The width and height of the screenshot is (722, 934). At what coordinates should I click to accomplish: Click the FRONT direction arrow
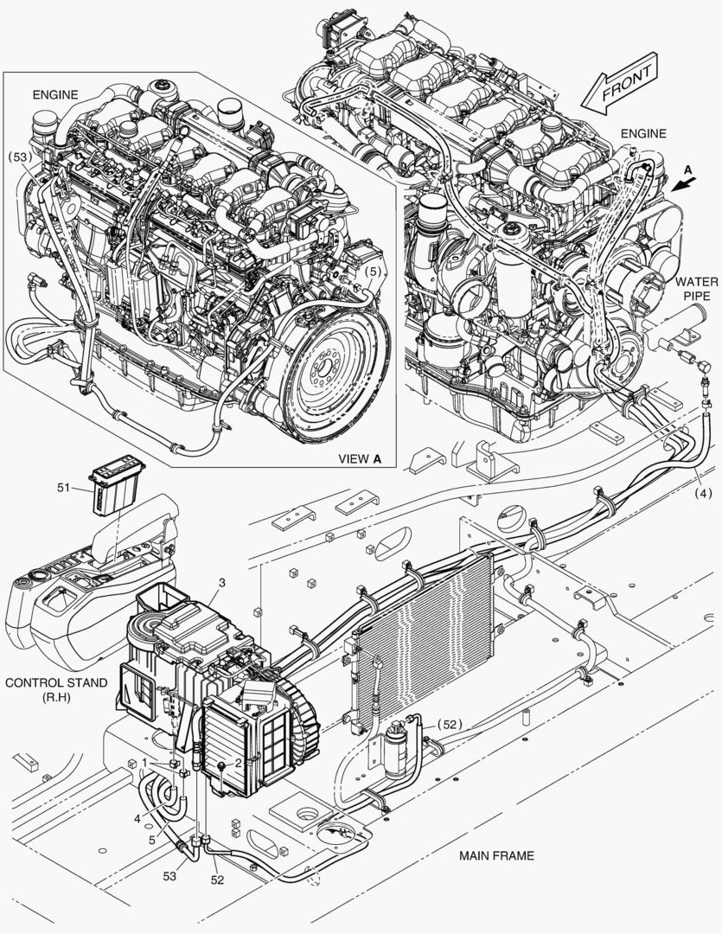(620, 83)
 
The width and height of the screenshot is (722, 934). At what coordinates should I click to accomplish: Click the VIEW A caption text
(359, 458)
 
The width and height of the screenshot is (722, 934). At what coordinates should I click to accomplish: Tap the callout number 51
(64, 487)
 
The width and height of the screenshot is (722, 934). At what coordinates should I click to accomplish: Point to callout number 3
(221, 583)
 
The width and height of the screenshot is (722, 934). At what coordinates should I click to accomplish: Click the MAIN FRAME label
(496, 855)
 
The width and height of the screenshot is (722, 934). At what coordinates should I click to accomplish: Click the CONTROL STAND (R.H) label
(56, 689)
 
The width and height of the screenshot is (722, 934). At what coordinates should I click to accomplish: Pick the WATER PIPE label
(693, 288)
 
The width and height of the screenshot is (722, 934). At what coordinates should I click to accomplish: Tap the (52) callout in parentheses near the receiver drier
(450, 725)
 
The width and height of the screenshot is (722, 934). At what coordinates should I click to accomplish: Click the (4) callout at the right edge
(704, 493)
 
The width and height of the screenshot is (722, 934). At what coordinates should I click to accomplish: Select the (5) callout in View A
(372, 271)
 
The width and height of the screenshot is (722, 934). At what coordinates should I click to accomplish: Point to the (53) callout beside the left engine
(20, 157)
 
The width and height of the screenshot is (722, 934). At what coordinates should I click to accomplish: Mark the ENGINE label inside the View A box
(54, 95)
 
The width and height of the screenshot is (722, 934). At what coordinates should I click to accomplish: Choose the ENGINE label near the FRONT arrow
(643, 133)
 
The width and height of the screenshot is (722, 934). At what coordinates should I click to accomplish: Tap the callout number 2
(238, 762)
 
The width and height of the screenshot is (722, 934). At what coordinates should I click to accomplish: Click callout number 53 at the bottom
(169, 875)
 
